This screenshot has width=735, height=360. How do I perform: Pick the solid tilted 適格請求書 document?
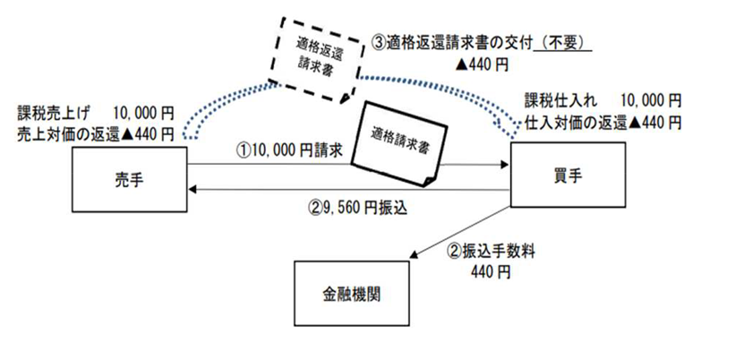392,143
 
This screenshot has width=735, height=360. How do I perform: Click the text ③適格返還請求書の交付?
452,43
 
